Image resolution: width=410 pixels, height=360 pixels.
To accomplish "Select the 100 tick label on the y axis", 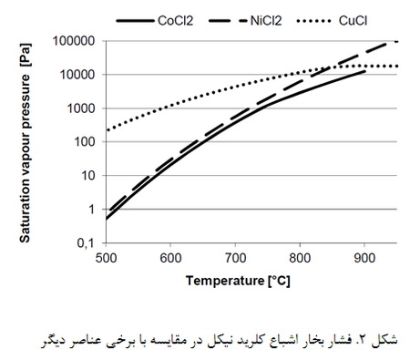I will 87,142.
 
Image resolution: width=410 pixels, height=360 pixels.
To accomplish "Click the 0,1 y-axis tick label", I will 87,243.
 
